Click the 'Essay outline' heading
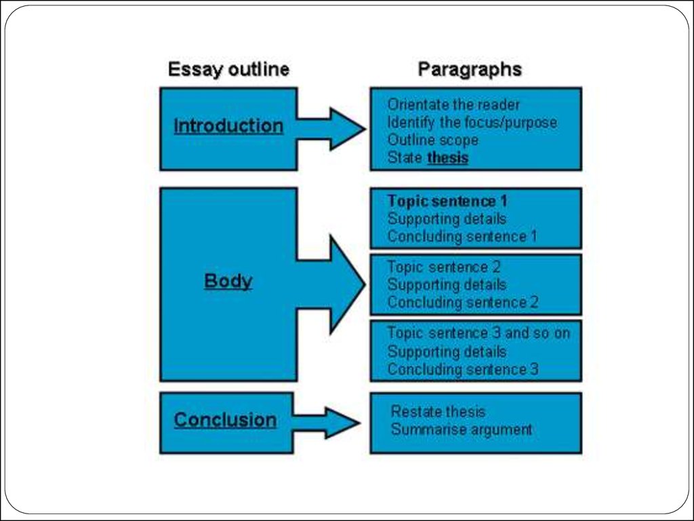point(228,69)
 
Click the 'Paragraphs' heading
point(470,69)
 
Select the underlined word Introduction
point(228,126)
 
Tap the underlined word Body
point(228,281)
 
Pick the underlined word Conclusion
point(225,420)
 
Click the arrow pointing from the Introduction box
point(332,128)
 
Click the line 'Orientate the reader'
point(453,105)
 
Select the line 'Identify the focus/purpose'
point(472,123)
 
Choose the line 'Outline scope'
point(432,140)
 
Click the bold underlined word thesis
point(448,158)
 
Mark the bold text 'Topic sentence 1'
point(447,201)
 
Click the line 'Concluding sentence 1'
point(462,237)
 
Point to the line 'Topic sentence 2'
point(444,267)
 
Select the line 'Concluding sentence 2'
point(463,303)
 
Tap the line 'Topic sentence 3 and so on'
point(478,333)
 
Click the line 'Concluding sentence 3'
point(463,370)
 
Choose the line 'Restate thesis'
point(438,412)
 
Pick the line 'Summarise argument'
point(462,429)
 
